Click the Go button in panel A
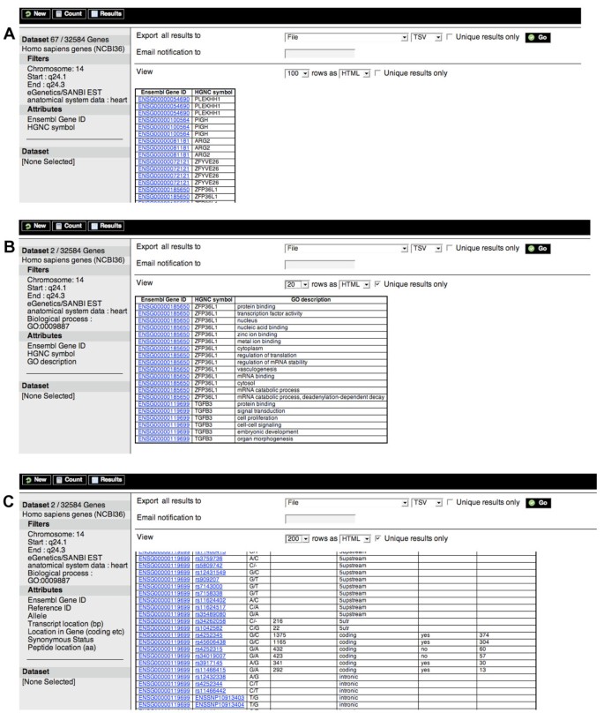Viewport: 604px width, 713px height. click(x=537, y=37)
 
